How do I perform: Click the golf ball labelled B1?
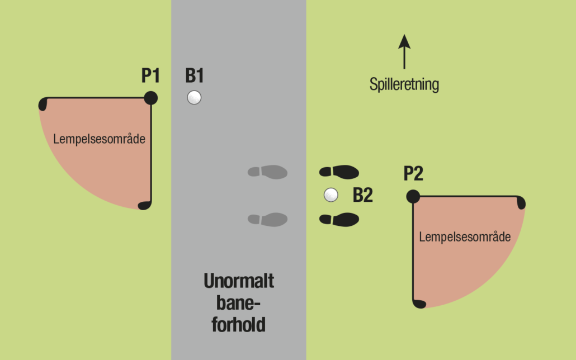(x=194, y=98)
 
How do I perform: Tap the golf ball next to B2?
(x=331, y=195)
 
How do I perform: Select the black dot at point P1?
(x=150, y=98)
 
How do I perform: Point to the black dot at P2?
(x=413, y=197)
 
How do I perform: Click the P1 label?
(x=150, y=75)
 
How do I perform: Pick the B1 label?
(x=194, y=75)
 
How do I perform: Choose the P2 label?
(x=413, y=173)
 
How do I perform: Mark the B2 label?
(x=363, y=195)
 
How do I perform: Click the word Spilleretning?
(x=404, y=84)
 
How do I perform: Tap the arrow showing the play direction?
(x=404, y=52)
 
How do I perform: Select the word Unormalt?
(x=239, y=281)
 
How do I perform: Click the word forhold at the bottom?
(x=239, y=325)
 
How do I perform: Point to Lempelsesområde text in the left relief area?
(x=99, y=139)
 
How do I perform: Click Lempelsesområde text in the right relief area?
(x=465, y=237)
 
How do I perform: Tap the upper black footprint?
(x=339, y=172)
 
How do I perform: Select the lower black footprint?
(x=339, y=219)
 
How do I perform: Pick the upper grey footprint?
(x=267, y=172)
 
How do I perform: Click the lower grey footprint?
(x=267, y=219)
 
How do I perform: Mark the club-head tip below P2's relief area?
(x=419, y=304)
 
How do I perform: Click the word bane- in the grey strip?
(x=238, y=303)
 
